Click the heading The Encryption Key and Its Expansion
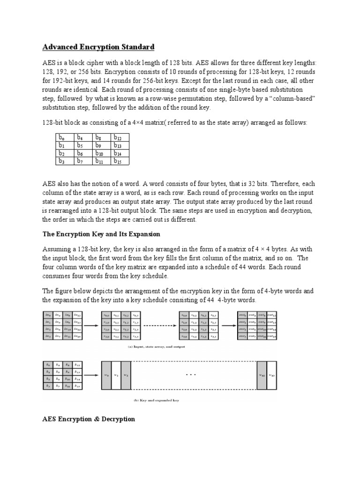click(x=101, y=234)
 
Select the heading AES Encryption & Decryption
click(x=89, y=419)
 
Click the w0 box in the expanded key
click(x=105, y=375)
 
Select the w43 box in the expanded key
click(x=271, y=375)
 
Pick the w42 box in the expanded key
click(x=261, y=375)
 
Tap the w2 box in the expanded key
click(x=126, y=375)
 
